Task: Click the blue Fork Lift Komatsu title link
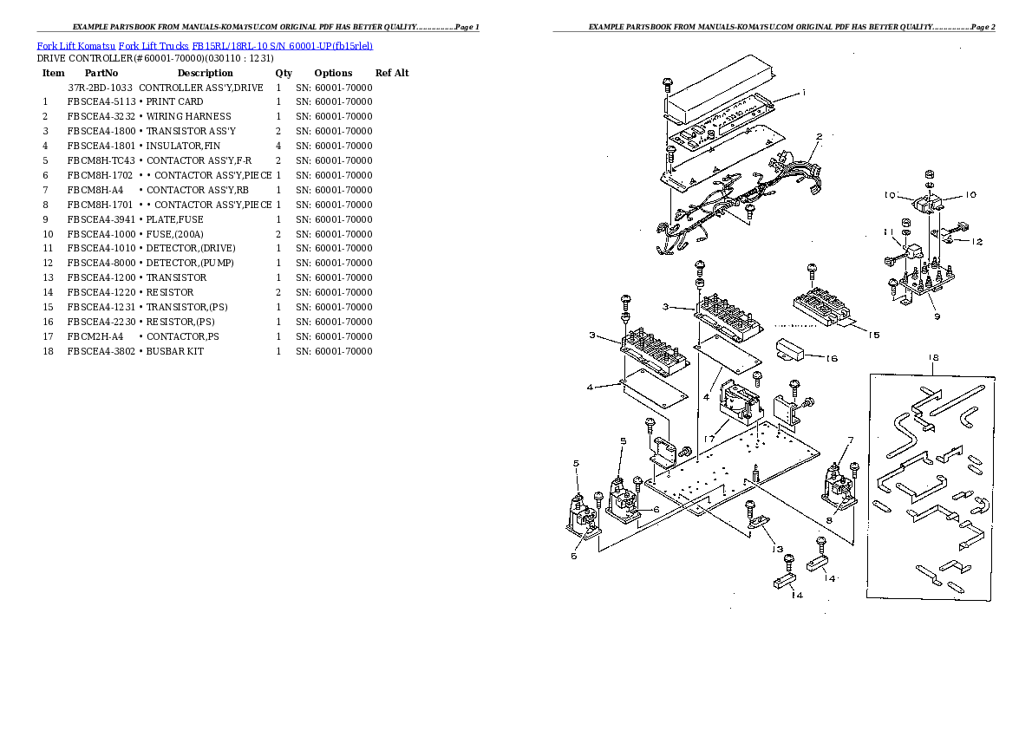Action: pyautogui.click(x=205, y=45)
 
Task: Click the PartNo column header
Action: pyautogui.click(x=101, y=73)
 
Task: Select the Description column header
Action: pyautogui.click(x=205, y=73)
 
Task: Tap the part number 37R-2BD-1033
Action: pyautogui.click(x=100, y=88)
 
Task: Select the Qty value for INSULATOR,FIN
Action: pyautogui.click(x=278, y=146)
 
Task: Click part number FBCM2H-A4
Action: pyautogui.click(x=95, y=336)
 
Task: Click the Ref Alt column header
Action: pyautogui.click(x=392, y=73)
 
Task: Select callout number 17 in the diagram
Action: pyautogui.click(x=709, y=439)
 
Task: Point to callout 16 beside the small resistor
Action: pyautogui.click(x=831, y=357)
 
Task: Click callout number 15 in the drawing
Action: pyautogui.click(x=872, y=335)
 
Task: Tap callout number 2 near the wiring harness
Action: pyautogui.click(x=818, y=136)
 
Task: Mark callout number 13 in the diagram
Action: pyautogui.click(x=778, y=549)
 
